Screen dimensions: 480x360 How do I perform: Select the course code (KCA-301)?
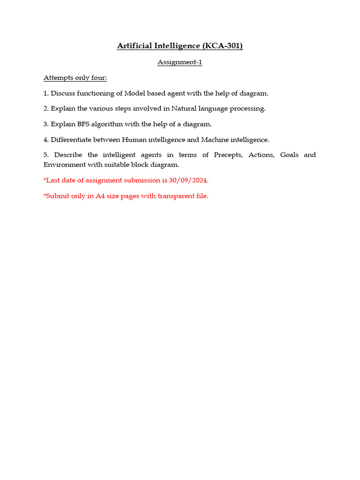coord(223,45)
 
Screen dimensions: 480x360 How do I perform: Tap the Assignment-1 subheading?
coord(180,62)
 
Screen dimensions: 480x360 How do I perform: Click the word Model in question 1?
coord(135,93)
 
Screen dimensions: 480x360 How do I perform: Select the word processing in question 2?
coord(247,109)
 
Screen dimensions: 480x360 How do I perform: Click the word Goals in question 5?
coord(289,155)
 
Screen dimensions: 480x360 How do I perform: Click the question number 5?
coord(45,155)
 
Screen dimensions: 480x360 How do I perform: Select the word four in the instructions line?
coord(99,78)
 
